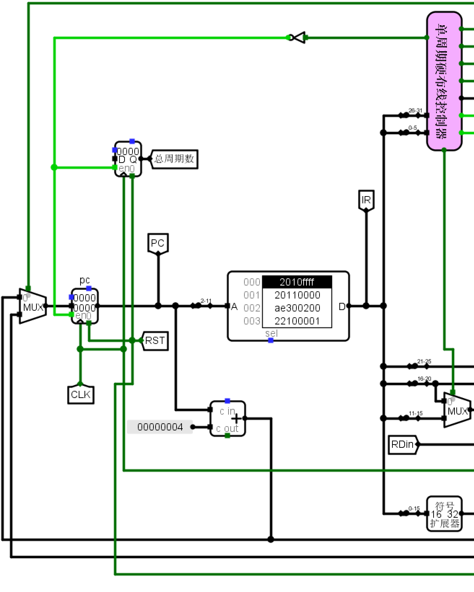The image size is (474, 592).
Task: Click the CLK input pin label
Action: [x=81, y=395]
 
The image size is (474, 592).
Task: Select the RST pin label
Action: [x=155, y=341]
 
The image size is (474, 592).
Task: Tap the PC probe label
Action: [x=158, y=243]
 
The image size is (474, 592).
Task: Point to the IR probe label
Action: [x=366, y=200]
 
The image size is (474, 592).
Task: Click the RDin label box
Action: [x=403, y=444]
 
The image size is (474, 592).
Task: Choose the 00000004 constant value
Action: [x=160, y=427]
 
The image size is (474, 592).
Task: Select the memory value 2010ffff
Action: [x=297, y=282]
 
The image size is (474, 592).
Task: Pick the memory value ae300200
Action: [x=297, y=308]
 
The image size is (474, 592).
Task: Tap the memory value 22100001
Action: [x=297, y=321]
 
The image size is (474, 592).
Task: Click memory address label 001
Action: [x=252, y=295]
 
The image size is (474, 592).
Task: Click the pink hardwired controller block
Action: [x=444, y=81]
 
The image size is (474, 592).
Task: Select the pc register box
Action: [x=85, y=306]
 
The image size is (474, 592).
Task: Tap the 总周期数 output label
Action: [x=174, y=159]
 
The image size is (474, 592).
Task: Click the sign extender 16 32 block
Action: [x=444, y=513]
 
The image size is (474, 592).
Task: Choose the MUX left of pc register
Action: [x=32, y=306]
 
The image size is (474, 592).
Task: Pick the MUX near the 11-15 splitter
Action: [x=457, y=410]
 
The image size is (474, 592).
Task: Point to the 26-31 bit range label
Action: [x=415, y=110]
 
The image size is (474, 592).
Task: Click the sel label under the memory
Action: [x=271, y=333]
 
